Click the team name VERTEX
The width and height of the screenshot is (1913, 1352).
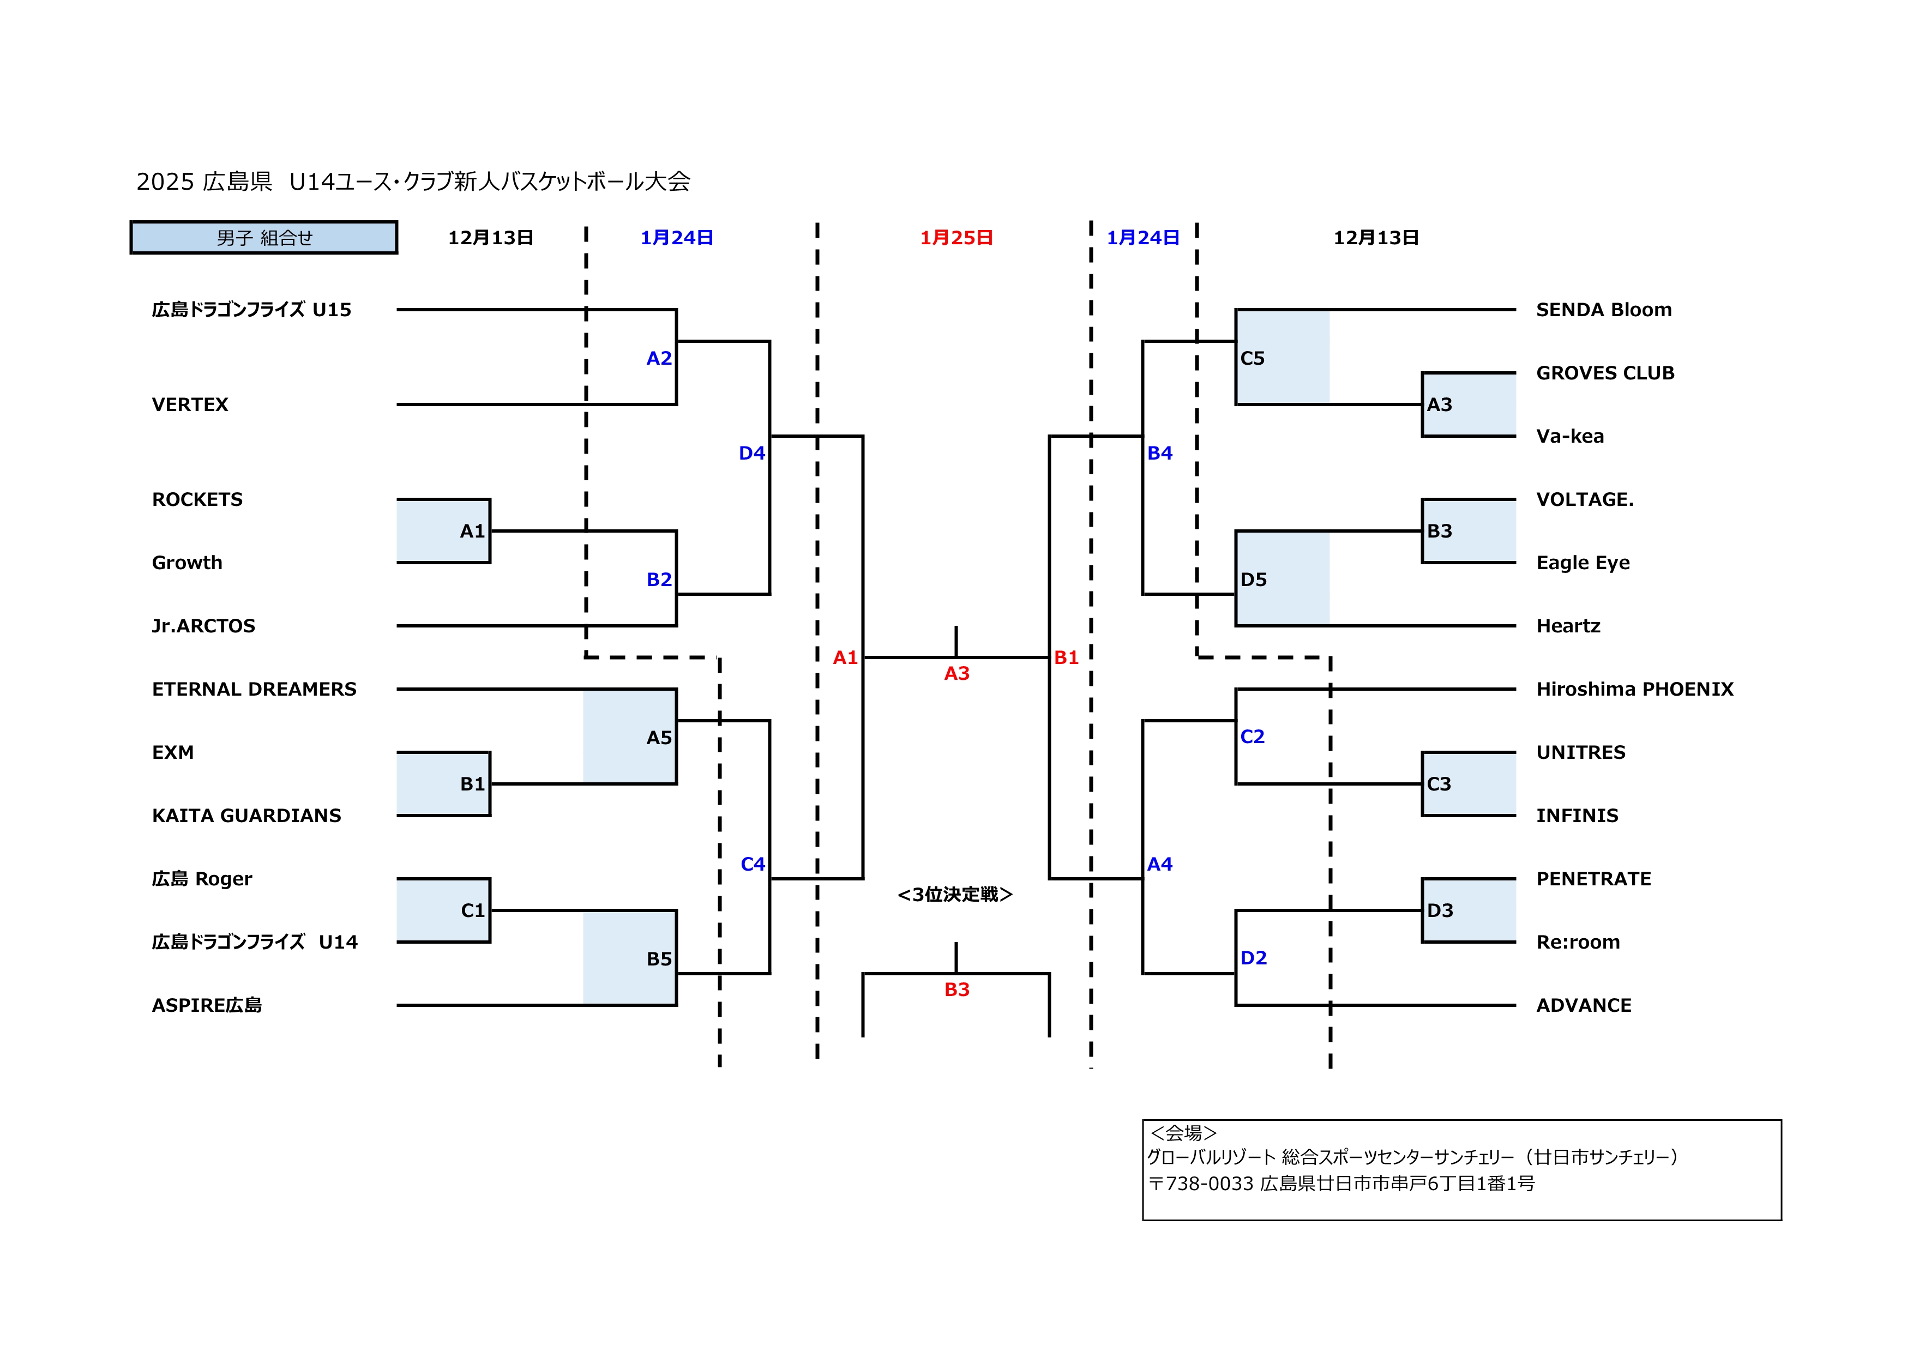pos(190,405)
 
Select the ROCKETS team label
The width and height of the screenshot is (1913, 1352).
pos(197,500)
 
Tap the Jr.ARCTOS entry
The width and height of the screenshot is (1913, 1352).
pos(203,626)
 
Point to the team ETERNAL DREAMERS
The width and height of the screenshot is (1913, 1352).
pos(254,689)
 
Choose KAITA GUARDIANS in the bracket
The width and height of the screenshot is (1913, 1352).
pos(246,816)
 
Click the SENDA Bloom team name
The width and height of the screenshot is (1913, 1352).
pos(1603,310)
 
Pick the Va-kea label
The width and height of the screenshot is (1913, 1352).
pos(1570,437)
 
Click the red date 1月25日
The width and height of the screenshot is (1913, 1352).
pos(956,238)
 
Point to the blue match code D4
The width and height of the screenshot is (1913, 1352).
pos(751,453)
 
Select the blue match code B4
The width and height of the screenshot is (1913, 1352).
pos(1160,453)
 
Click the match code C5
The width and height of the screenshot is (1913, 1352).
pos(1252,358)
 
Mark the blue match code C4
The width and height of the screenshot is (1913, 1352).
pos(753,864)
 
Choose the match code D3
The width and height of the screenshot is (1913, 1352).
pos(1440,910)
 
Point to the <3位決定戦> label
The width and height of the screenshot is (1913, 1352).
pos(955,895)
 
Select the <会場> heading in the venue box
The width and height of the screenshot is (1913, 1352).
pos(1183,1133)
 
